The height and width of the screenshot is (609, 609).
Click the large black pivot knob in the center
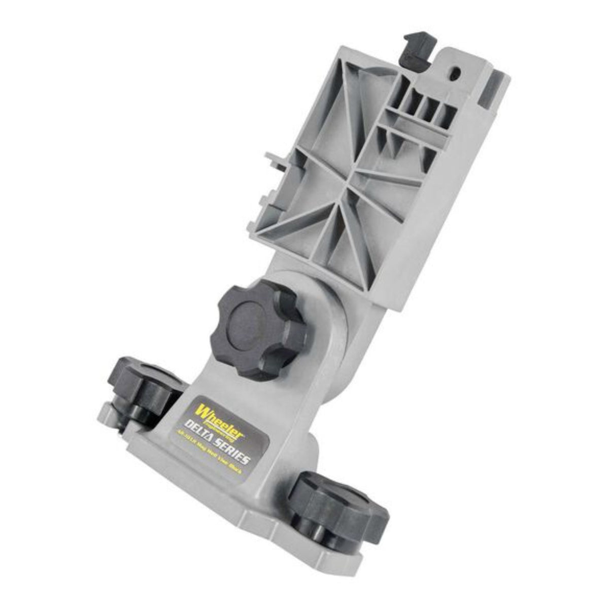262,330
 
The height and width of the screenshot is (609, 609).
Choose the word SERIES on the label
233,454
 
